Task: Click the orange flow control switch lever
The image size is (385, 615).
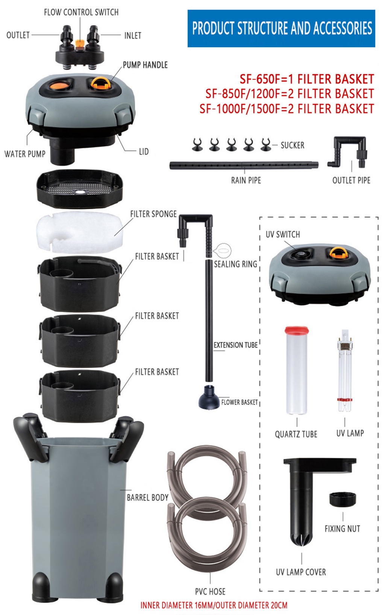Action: click(x=80, y=43)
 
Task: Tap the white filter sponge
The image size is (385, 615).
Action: click(x=79, y=232)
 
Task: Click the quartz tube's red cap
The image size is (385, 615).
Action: click(x=296, y=331)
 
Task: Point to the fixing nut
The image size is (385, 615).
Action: click(x=343, y=499)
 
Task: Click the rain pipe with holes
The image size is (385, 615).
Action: click(x=244, y=165)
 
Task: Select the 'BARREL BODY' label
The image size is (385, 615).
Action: click(x=147, y=497)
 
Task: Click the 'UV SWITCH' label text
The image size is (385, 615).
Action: click(x=283, y=234)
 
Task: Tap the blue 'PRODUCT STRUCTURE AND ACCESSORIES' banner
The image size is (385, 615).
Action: click(x=281, y=29)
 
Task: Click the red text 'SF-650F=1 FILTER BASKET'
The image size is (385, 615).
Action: click(x=307, y=79)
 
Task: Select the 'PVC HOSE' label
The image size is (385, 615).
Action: click(x=210, y=591)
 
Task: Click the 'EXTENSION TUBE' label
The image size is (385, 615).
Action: click(x=235, y=345)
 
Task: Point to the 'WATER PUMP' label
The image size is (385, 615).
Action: click(x=25, y=153)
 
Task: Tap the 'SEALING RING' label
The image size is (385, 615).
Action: click(x=235, y=264)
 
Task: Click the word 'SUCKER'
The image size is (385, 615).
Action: click(x=293, y=145)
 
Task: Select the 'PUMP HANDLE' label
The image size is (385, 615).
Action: click(x=145, y=65)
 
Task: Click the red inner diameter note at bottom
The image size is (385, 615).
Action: click(x=214, y=605)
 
